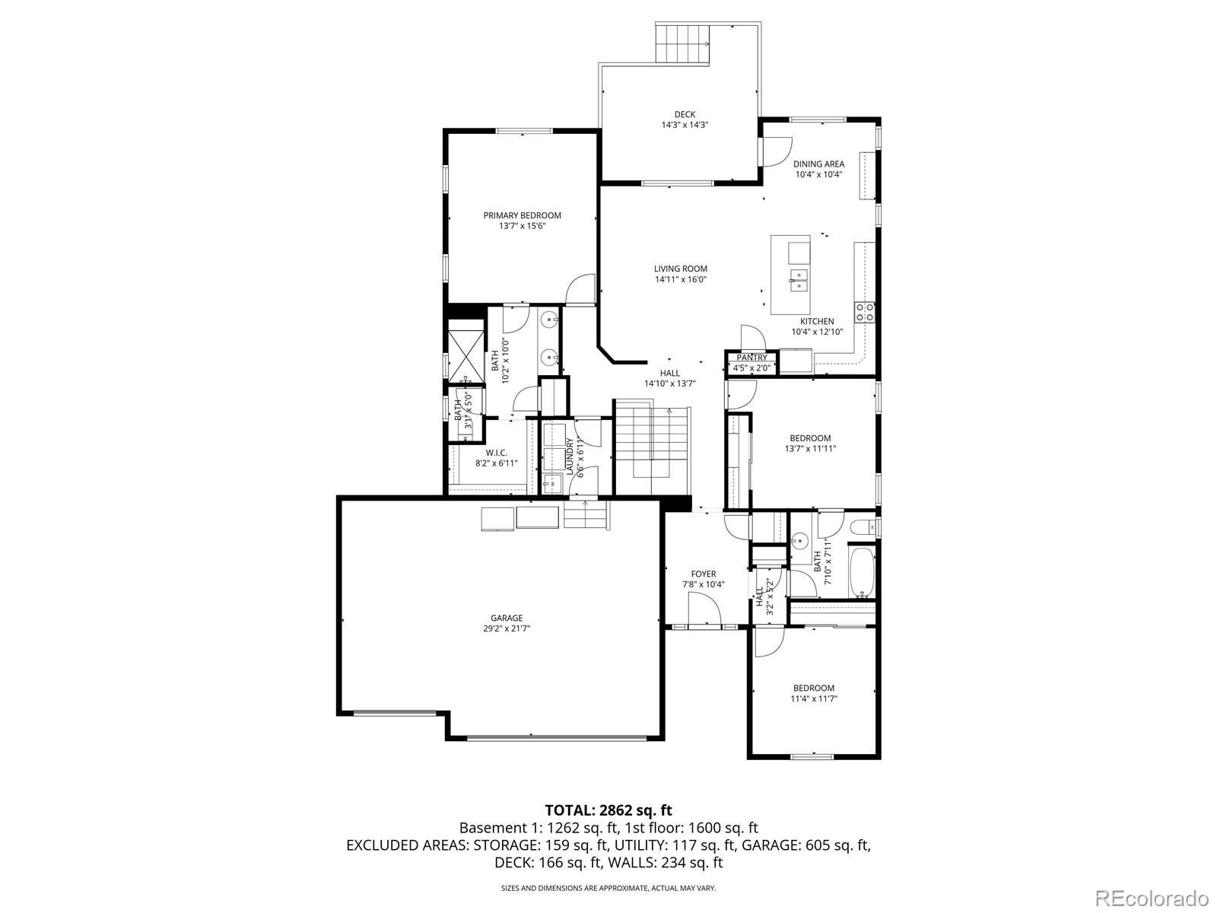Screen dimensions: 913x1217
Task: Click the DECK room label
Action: pyautogui.click(x=684, y=115)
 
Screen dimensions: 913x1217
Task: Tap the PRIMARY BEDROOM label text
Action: pyautogui.click(x=522, y=215)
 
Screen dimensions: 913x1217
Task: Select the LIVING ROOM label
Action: pyautogui.click(x=681, y=269)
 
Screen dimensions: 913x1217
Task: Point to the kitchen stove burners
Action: pyautogui.click(x=865, y=311)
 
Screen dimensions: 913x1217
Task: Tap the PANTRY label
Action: pyautogui.click(x=751, y=358)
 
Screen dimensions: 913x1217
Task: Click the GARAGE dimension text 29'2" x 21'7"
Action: pyautogui.click(x=507, y=628)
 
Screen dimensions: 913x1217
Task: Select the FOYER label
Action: pyautogui.click(x=703, y=574)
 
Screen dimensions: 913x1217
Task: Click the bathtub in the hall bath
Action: pyautogui.click(x=862, y=571)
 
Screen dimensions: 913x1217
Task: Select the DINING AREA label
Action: pyautogui.click(x=818, y=164)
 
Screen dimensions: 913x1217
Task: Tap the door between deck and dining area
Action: pyautogui.click(x=776, y=151)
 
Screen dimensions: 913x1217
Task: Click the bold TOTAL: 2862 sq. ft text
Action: pyautogui.click(x=608, y=810)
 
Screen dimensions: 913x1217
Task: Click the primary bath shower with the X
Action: pyautogui.click(x=466, y=351)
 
